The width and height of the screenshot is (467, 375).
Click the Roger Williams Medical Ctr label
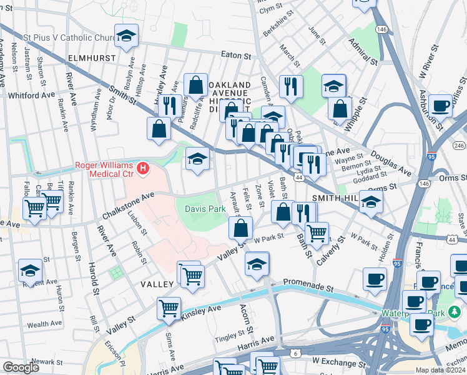105,166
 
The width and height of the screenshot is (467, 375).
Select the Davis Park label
205,209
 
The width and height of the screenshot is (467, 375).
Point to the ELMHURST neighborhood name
92,57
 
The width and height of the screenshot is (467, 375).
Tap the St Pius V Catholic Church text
69,37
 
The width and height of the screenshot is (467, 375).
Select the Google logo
21,367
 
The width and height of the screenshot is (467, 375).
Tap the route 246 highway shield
459,145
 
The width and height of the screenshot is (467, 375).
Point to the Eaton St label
235,56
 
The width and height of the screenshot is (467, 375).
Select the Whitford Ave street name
31,95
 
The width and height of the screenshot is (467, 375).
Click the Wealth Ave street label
44,324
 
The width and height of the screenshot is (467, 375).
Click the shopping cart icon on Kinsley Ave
169,308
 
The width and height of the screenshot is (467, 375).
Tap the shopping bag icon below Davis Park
241,228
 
